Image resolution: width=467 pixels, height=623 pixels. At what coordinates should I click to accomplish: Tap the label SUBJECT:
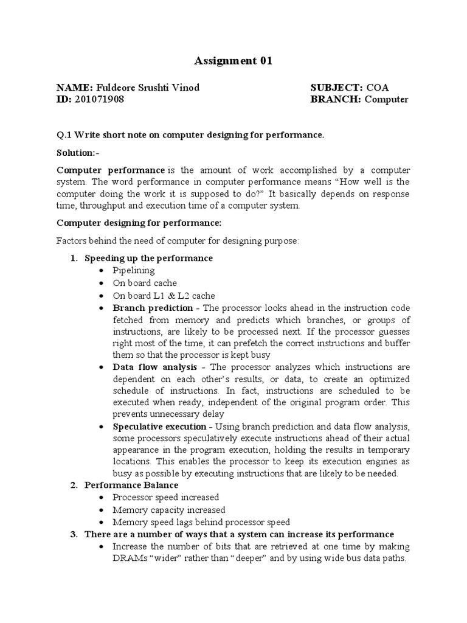[x=336, y=88]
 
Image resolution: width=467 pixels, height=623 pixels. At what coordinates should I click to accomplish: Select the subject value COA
[x=378, y=88]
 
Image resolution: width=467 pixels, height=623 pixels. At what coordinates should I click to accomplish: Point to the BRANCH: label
[x=336, y=99]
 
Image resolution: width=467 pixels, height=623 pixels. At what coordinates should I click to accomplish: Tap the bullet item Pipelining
[x=134, y=270]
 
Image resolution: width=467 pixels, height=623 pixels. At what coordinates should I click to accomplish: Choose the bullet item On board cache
[x=145, y=283]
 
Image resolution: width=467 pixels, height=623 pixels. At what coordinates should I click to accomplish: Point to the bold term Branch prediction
[x=153, y=308]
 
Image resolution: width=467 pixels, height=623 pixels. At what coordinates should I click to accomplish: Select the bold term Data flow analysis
[x=155, y=367]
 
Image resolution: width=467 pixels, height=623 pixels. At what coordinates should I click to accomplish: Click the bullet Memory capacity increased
[x=168, y=510]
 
